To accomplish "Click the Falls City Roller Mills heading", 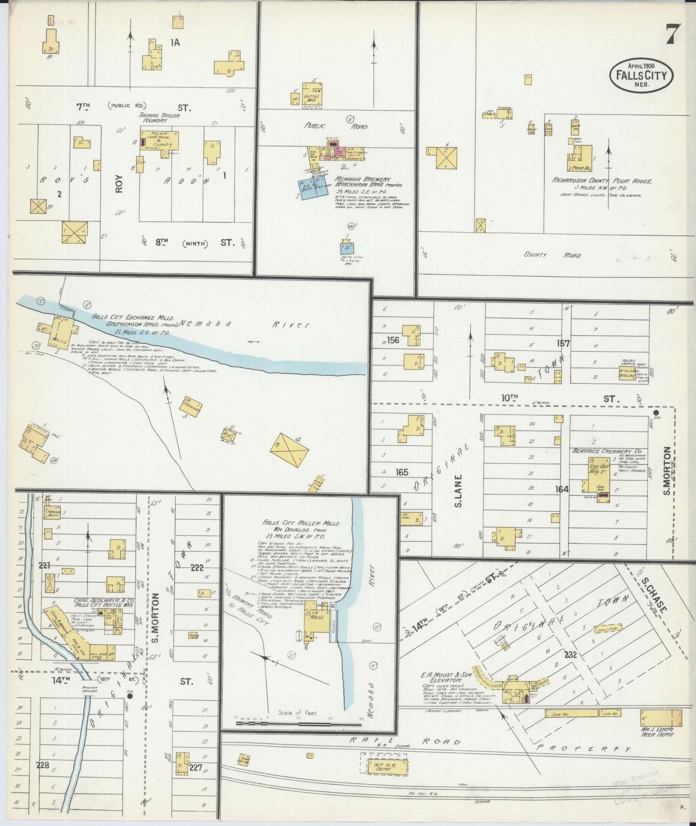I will coord(302,522).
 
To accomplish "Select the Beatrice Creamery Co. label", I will coord(604,451).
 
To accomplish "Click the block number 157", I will coord(563,344).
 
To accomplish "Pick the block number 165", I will coord(402,473).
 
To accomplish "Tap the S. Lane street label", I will coord(458,491).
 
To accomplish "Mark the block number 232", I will coord(571,654).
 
